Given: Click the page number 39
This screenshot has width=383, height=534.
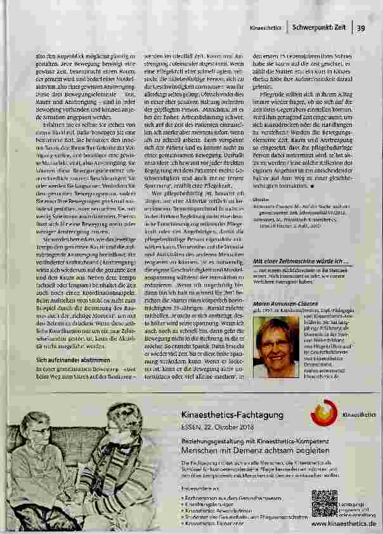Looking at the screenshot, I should (360, 27).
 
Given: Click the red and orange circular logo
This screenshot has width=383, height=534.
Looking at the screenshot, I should (325, 414).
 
